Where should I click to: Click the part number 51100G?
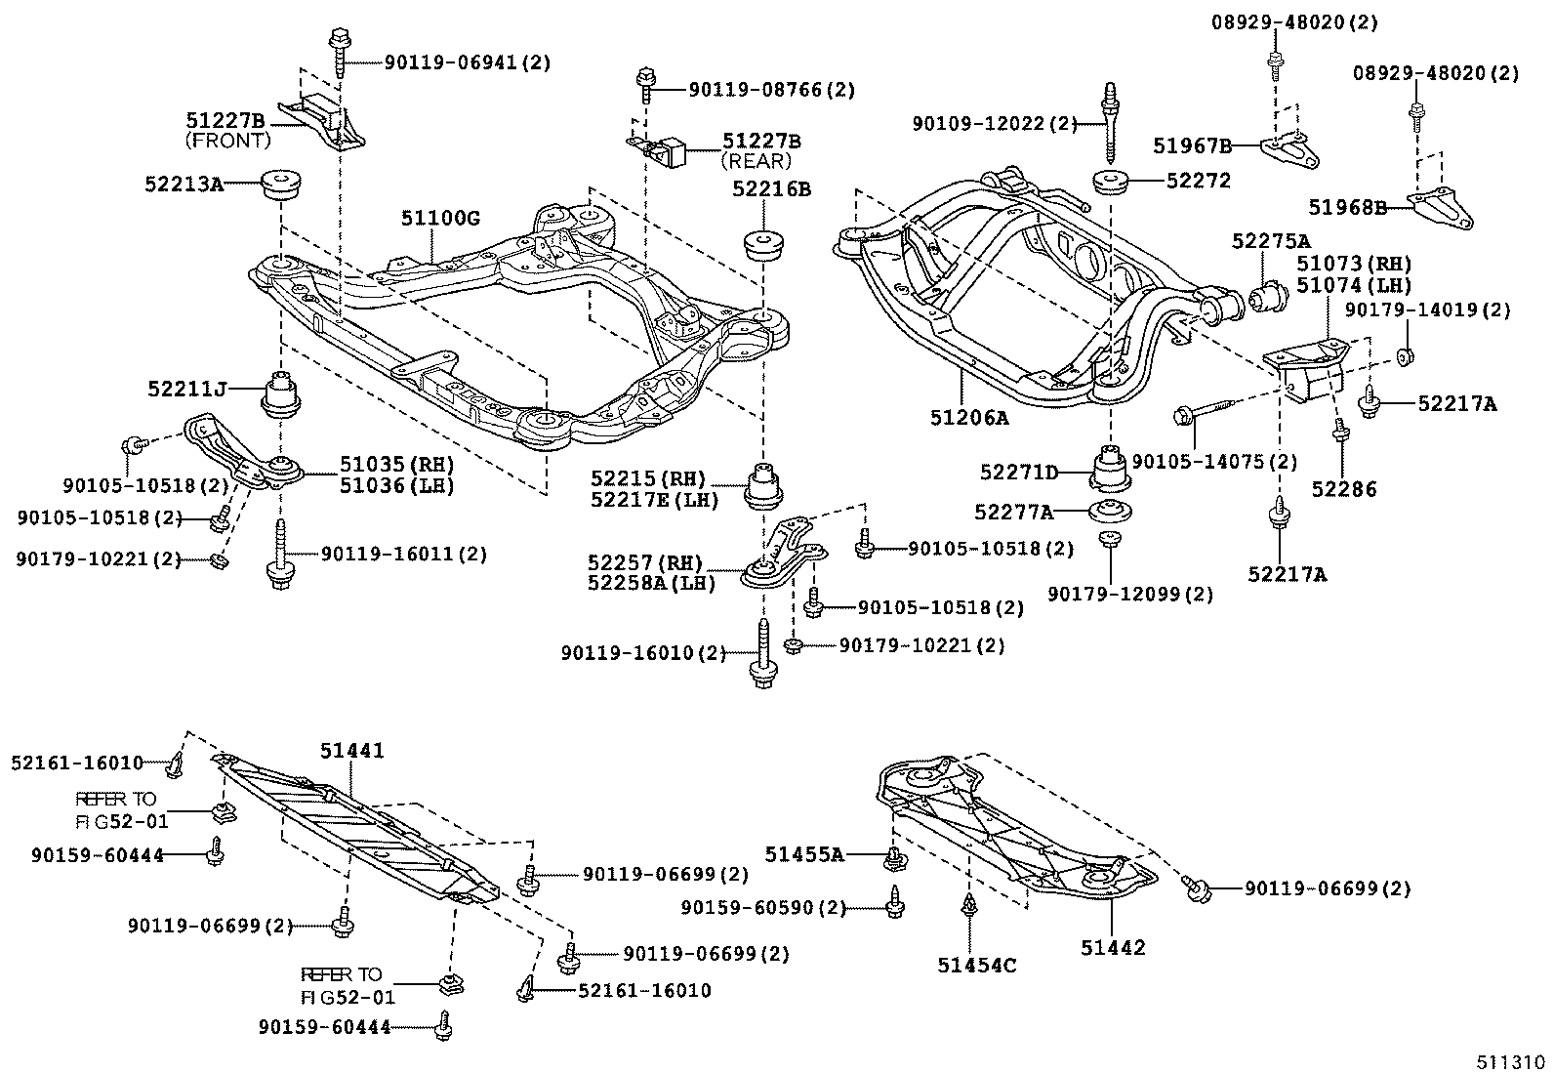click(x=440, y=219)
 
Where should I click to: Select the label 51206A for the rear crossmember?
click(x=968, y=418)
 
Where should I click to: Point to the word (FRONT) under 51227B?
click(x=227, y=141)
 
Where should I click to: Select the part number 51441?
click(x=352, y=751)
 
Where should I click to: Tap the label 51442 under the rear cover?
click(x=1113, y=947)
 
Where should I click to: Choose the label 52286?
click(x=1344, y=490)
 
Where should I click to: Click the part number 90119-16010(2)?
click(x=643, y=652)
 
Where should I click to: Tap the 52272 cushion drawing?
click(x=1110, y=183)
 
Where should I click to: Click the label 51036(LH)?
click(x=395, y=484)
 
